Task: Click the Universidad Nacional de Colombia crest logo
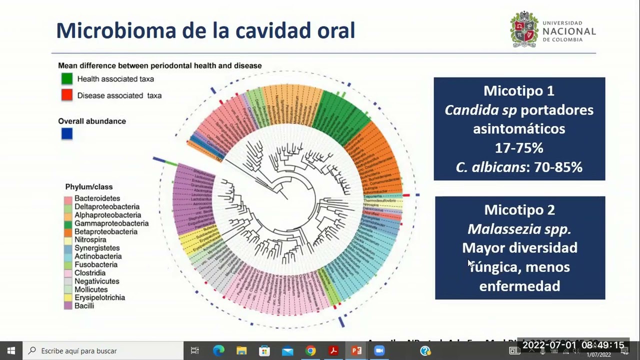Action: [523, 29]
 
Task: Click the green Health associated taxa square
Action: [67, 78]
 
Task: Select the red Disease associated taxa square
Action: [67, 95]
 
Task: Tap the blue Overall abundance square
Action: [67, 133]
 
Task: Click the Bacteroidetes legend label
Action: [97, 198]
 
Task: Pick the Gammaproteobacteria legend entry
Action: [111, 223]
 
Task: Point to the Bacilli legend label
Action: [84, 305]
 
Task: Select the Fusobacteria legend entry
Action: [96, 264]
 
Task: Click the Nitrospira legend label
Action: [90, 240]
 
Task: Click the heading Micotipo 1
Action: [518, 91]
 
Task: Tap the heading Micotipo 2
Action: [519, 210]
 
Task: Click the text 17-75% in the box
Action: [519, 148]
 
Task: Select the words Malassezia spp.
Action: [519, 229]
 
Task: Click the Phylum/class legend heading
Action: [89, 187]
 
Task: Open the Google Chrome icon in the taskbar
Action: [310, 351]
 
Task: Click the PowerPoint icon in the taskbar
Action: [356, 351]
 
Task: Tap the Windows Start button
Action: [11, 351]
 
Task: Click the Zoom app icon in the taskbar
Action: [379, 351]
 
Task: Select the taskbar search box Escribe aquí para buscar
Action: [100, 351]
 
